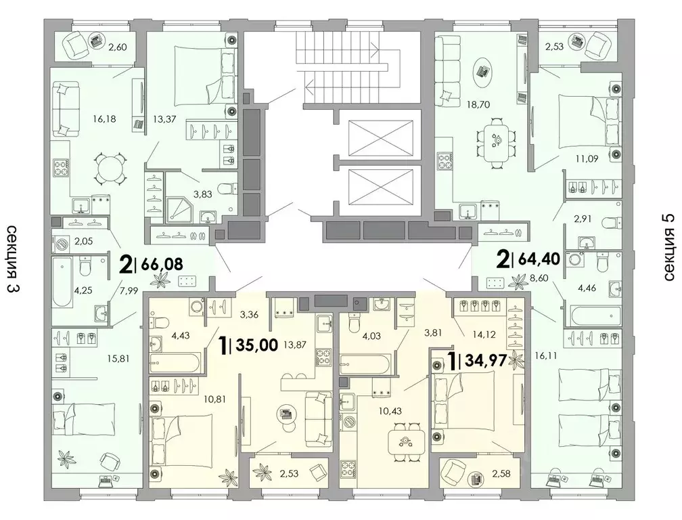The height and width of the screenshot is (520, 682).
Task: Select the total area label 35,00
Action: [x=256, y=345]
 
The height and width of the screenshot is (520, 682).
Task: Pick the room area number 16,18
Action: [x=105, y=118]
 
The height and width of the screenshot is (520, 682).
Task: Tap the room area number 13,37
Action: [x=164, y=118]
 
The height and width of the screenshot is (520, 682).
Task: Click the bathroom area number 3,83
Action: [x=203, y=194]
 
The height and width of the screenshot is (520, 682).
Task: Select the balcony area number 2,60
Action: [x=118, y=47]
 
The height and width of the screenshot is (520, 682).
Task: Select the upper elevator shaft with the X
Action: [x=380, y=137]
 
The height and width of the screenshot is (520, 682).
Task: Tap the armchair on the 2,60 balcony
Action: [x=77, y=44]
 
